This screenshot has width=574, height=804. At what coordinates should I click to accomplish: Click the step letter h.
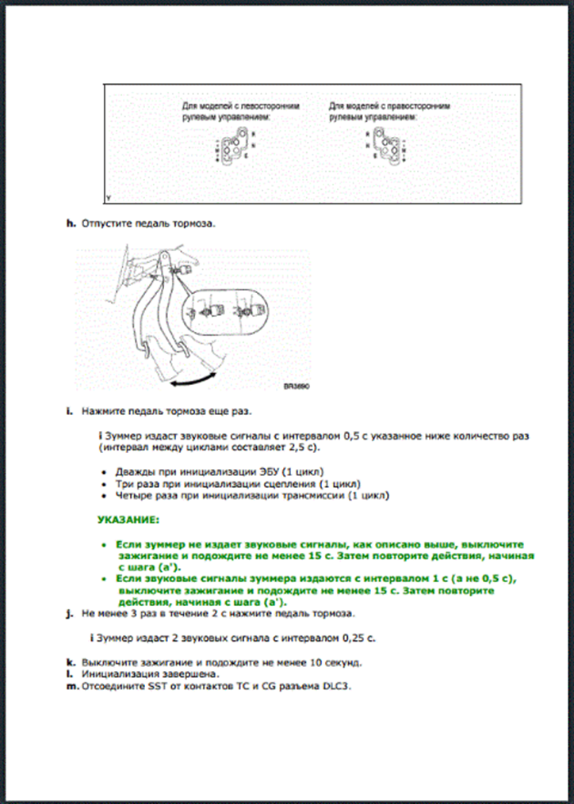70,224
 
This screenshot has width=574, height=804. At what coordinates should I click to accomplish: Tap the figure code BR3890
295,387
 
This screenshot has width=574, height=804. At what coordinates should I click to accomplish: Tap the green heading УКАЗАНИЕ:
128,520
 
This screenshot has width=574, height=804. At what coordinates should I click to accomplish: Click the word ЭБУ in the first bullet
260,471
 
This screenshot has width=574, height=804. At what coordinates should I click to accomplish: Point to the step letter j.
70,614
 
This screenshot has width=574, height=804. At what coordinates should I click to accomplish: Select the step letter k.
70,661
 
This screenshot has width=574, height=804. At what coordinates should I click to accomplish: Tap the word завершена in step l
163,673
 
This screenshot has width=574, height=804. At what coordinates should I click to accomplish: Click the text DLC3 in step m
332,686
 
